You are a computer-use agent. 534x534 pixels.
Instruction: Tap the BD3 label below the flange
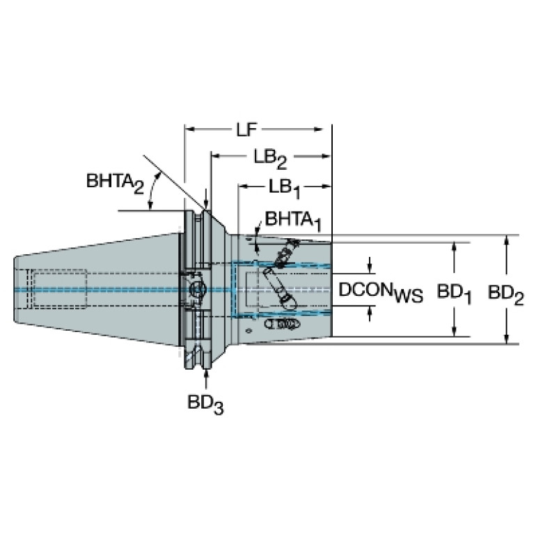205,403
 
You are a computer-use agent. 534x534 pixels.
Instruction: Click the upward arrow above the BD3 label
206,376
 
